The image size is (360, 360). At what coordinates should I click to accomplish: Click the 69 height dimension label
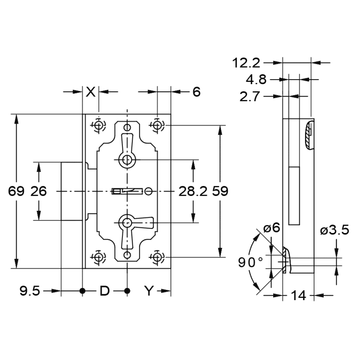[x=16, y=191]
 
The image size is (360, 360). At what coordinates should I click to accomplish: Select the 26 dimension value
[x=39, y=191]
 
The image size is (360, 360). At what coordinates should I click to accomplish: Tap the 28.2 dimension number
[x=193, y=191]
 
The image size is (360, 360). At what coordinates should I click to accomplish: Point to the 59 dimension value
[x=220, y=191]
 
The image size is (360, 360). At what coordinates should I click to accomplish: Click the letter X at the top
[x=90, y=92]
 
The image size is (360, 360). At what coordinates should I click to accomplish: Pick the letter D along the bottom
[x=104, y=291]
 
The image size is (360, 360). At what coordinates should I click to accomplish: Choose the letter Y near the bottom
[x=149, y=291]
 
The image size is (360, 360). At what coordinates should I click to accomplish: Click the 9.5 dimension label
[x=30, y=291]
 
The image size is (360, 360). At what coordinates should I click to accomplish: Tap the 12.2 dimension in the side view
[x=246, y=63]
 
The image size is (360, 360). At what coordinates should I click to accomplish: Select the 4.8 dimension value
[x=256, y=80]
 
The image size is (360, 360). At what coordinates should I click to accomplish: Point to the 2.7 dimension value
[x=250, y=96]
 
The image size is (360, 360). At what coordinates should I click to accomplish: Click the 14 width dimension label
[x=298, y=295]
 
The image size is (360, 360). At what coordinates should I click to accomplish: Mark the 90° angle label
[x=250, y=262]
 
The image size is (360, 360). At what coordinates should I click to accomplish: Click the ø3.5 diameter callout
[x=335, y=230]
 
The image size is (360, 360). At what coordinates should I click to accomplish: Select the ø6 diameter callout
[x=272, y=228]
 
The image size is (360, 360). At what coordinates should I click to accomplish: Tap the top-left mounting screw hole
[x=99, y=126]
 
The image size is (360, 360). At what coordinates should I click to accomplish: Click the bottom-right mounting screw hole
[x=157, y=257]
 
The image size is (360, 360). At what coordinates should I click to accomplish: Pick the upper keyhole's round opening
[x=127, y=160]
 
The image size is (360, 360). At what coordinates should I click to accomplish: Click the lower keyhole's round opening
[x=127, y=222]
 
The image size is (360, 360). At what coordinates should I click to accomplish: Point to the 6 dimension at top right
[x=197, y=92]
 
